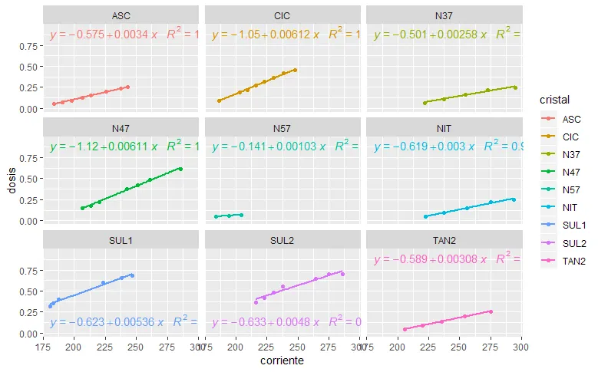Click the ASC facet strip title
click(x=121, y=15)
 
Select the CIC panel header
click(x=282, y=15)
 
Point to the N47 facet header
click(x=121, y=127)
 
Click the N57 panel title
click(x=282, y=127)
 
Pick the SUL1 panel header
click(x=121, y=239)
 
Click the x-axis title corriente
click(x=282, y=360)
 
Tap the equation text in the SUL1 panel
click(x=107, y=322)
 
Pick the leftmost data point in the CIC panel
click(x=220, y=100)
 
